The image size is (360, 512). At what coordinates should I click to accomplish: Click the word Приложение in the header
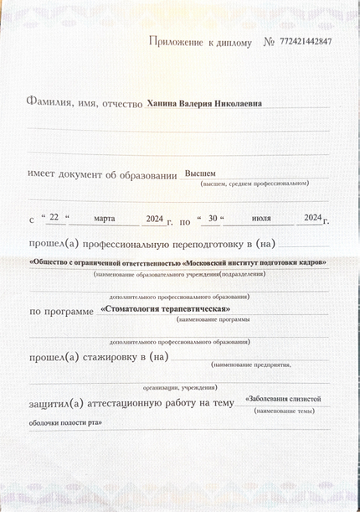177,41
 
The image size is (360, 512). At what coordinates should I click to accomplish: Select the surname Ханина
162,104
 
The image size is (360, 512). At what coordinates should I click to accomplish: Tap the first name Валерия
201,104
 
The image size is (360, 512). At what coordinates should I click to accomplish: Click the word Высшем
200,173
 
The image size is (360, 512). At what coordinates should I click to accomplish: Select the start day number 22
54,218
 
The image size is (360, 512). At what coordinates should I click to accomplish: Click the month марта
105,218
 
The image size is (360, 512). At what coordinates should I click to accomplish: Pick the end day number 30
213,218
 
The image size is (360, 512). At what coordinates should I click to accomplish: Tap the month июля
261,218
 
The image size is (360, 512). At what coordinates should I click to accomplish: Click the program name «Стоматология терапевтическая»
165,309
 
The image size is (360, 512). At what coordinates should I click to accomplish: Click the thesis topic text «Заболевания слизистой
283,399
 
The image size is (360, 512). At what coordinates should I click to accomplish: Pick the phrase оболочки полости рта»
65,422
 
